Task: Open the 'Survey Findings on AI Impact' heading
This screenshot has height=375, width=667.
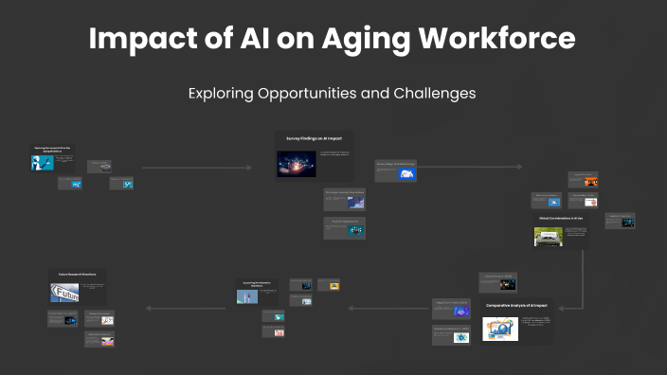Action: [314, 139]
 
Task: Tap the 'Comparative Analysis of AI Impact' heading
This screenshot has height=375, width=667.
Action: [516, 306]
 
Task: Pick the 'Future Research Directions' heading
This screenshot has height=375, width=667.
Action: [78, 275]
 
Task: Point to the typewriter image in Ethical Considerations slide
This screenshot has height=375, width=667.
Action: [549, 236]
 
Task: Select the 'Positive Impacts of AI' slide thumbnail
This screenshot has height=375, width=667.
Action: [344, 227]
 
